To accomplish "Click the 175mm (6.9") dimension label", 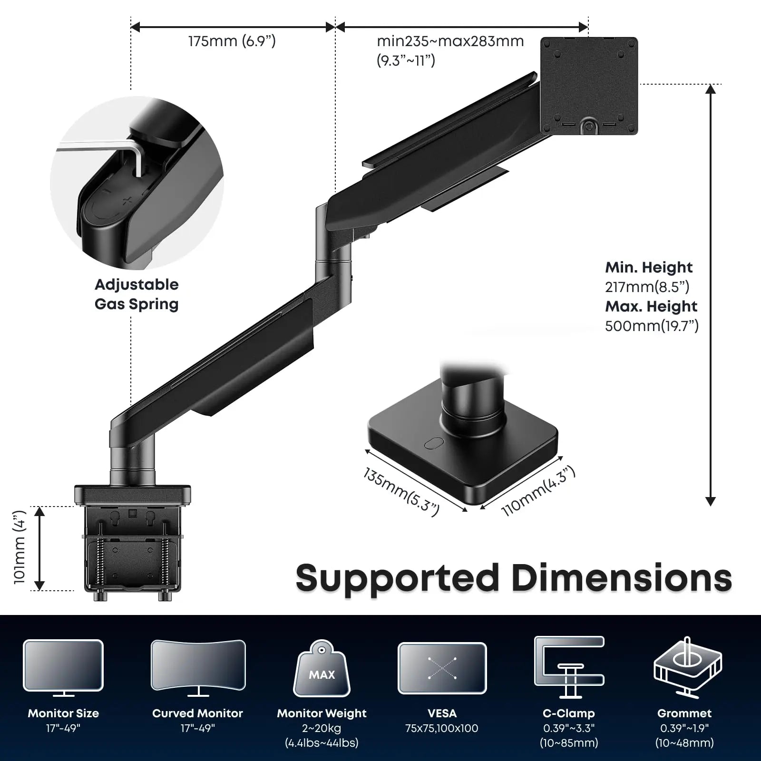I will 232,41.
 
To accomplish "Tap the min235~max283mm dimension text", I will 450,41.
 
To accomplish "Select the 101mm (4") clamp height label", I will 20,547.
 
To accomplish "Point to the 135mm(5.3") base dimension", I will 401,492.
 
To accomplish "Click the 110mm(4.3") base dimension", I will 538,491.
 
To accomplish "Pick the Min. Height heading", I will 648,267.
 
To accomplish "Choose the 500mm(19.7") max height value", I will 652,326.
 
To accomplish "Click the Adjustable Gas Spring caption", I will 137,294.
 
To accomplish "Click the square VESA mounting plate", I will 589,86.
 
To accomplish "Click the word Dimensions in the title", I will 622,578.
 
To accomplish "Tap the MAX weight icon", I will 322,670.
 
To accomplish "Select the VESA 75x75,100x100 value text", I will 442,728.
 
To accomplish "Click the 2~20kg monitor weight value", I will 322,728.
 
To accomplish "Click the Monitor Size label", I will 63,713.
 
